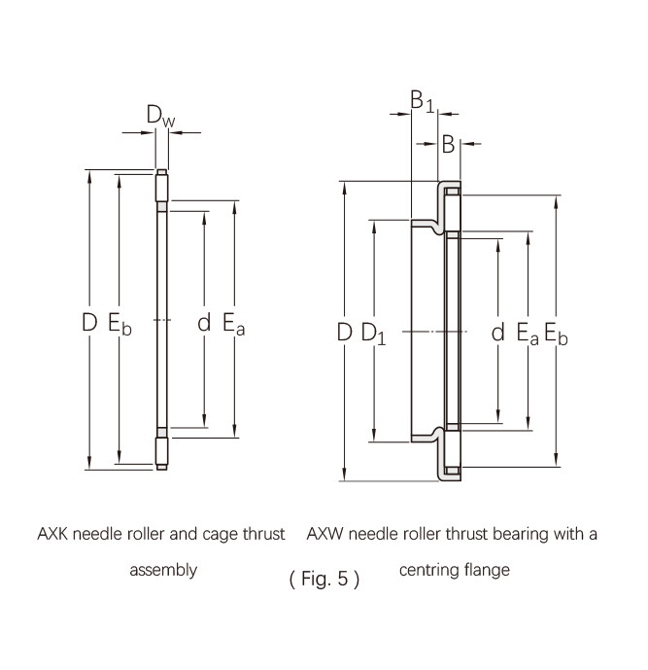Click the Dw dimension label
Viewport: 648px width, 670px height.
tap(160, 116)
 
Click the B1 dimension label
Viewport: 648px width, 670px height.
tap(422, 101)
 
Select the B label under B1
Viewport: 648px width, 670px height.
tap(448, 144)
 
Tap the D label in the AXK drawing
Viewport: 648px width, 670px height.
tap(89, 322)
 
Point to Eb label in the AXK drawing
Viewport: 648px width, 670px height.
tap(119, 324)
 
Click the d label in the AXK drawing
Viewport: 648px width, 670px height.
tap(204, 322)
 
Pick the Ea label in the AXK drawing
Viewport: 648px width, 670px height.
tap(234, 324)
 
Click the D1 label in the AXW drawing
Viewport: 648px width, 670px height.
tap(373, 334)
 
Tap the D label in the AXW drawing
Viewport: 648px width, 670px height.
tap(345, 333)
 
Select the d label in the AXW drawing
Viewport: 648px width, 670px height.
tap(498, 332)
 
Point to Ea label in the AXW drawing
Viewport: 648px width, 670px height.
tap(528, 334)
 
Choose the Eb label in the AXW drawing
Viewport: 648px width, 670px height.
tap(557, 334)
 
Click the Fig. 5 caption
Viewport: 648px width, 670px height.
tap(324, 579)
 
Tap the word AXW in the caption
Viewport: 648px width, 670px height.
tap(324, 534)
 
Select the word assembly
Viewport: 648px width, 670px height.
tap(163, 571)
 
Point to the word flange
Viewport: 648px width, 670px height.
tap(487, 570)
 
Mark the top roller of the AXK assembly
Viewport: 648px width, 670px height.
tap(162, 186)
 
